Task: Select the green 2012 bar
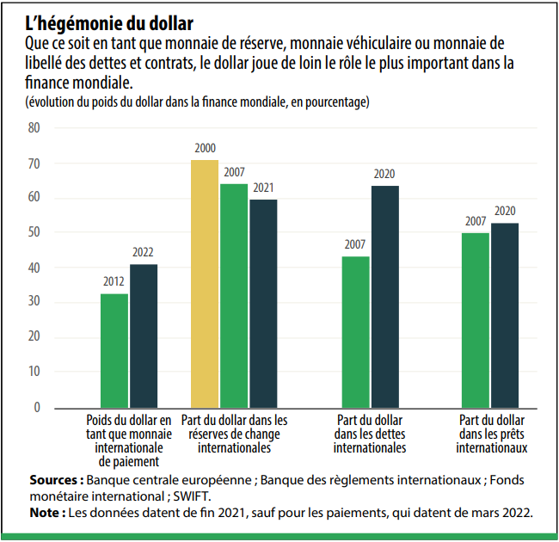(114, 350)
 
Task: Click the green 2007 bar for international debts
(355, 331)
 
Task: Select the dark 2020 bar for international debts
(384, 296)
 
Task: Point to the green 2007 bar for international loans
(476, 319)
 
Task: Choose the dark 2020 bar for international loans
(505, 314)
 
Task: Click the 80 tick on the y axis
(34, 128)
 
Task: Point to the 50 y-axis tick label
(34, 232)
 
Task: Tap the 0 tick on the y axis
(37, 407)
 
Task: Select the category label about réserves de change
(235, 434)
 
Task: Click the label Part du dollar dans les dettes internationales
(370, 434)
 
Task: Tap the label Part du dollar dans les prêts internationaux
(493, 434)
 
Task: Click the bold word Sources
(56, 479)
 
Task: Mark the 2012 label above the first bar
(114, 282)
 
